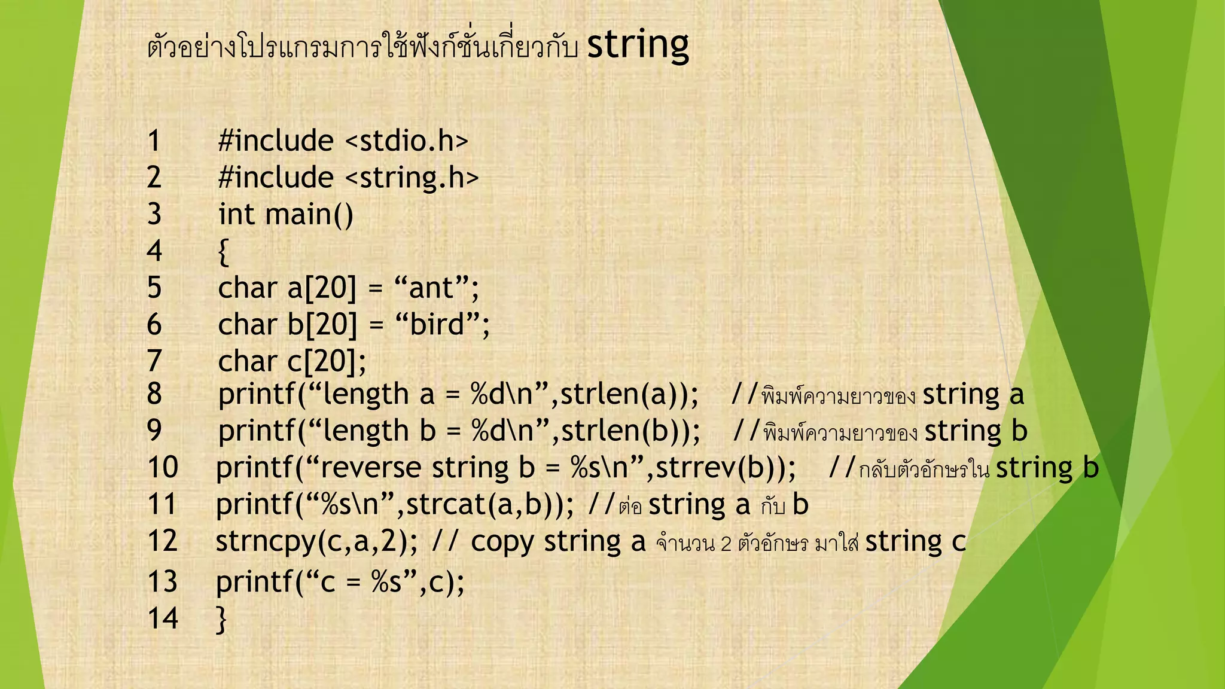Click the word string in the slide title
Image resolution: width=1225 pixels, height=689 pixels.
point(638,46)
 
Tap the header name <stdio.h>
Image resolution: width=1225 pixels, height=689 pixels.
point(407,141)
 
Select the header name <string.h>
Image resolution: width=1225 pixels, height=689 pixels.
point(412,178)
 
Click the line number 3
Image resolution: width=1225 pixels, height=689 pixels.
point(154,214)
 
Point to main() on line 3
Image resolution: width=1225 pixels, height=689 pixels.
point(309,214)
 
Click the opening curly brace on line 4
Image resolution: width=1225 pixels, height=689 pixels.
point(223,251)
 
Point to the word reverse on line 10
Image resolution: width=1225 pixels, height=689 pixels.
point(371,468)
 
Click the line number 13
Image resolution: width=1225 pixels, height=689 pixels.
point(162,582)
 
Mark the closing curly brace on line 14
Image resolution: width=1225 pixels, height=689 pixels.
point(221,619)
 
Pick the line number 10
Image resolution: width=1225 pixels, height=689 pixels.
point(163,468)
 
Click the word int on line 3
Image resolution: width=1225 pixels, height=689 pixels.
point(236,214)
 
